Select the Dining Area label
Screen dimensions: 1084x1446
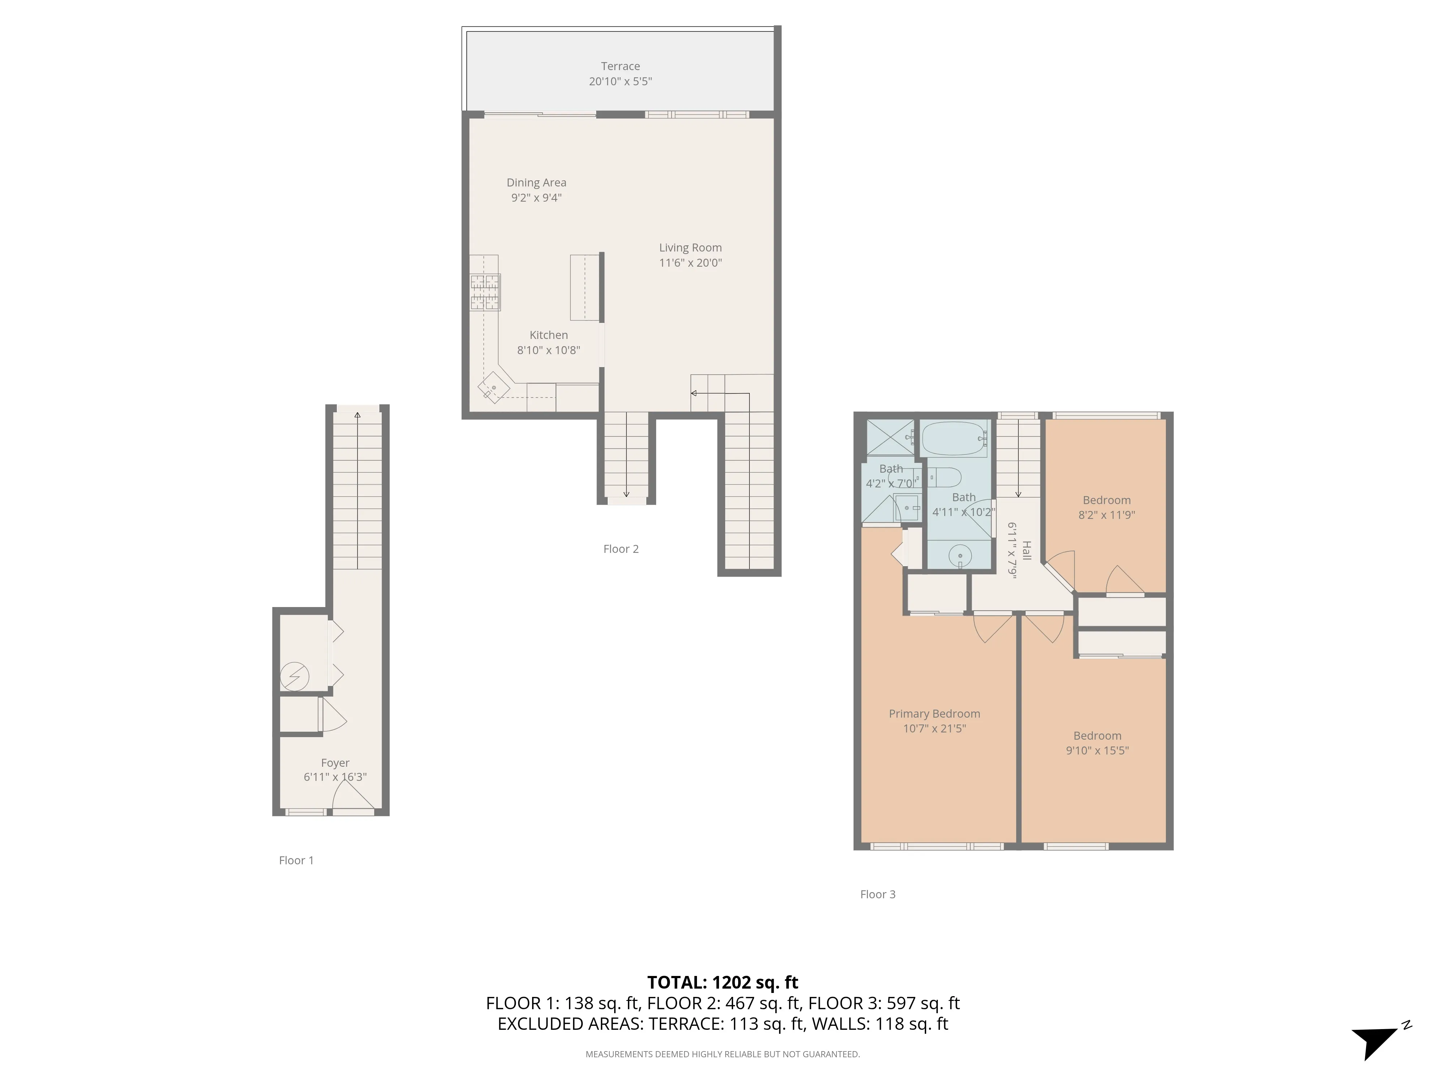[536, 182]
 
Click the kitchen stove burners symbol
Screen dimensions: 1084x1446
[485, 292]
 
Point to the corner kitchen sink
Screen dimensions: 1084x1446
[493, 387]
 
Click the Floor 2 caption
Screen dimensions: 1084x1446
[620, 549]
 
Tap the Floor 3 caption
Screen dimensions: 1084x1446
[877, 894]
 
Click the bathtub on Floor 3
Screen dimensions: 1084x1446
[954, 438]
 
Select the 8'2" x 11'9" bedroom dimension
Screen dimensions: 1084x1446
[1106, 514]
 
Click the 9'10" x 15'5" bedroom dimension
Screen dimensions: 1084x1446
[1097, 750]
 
